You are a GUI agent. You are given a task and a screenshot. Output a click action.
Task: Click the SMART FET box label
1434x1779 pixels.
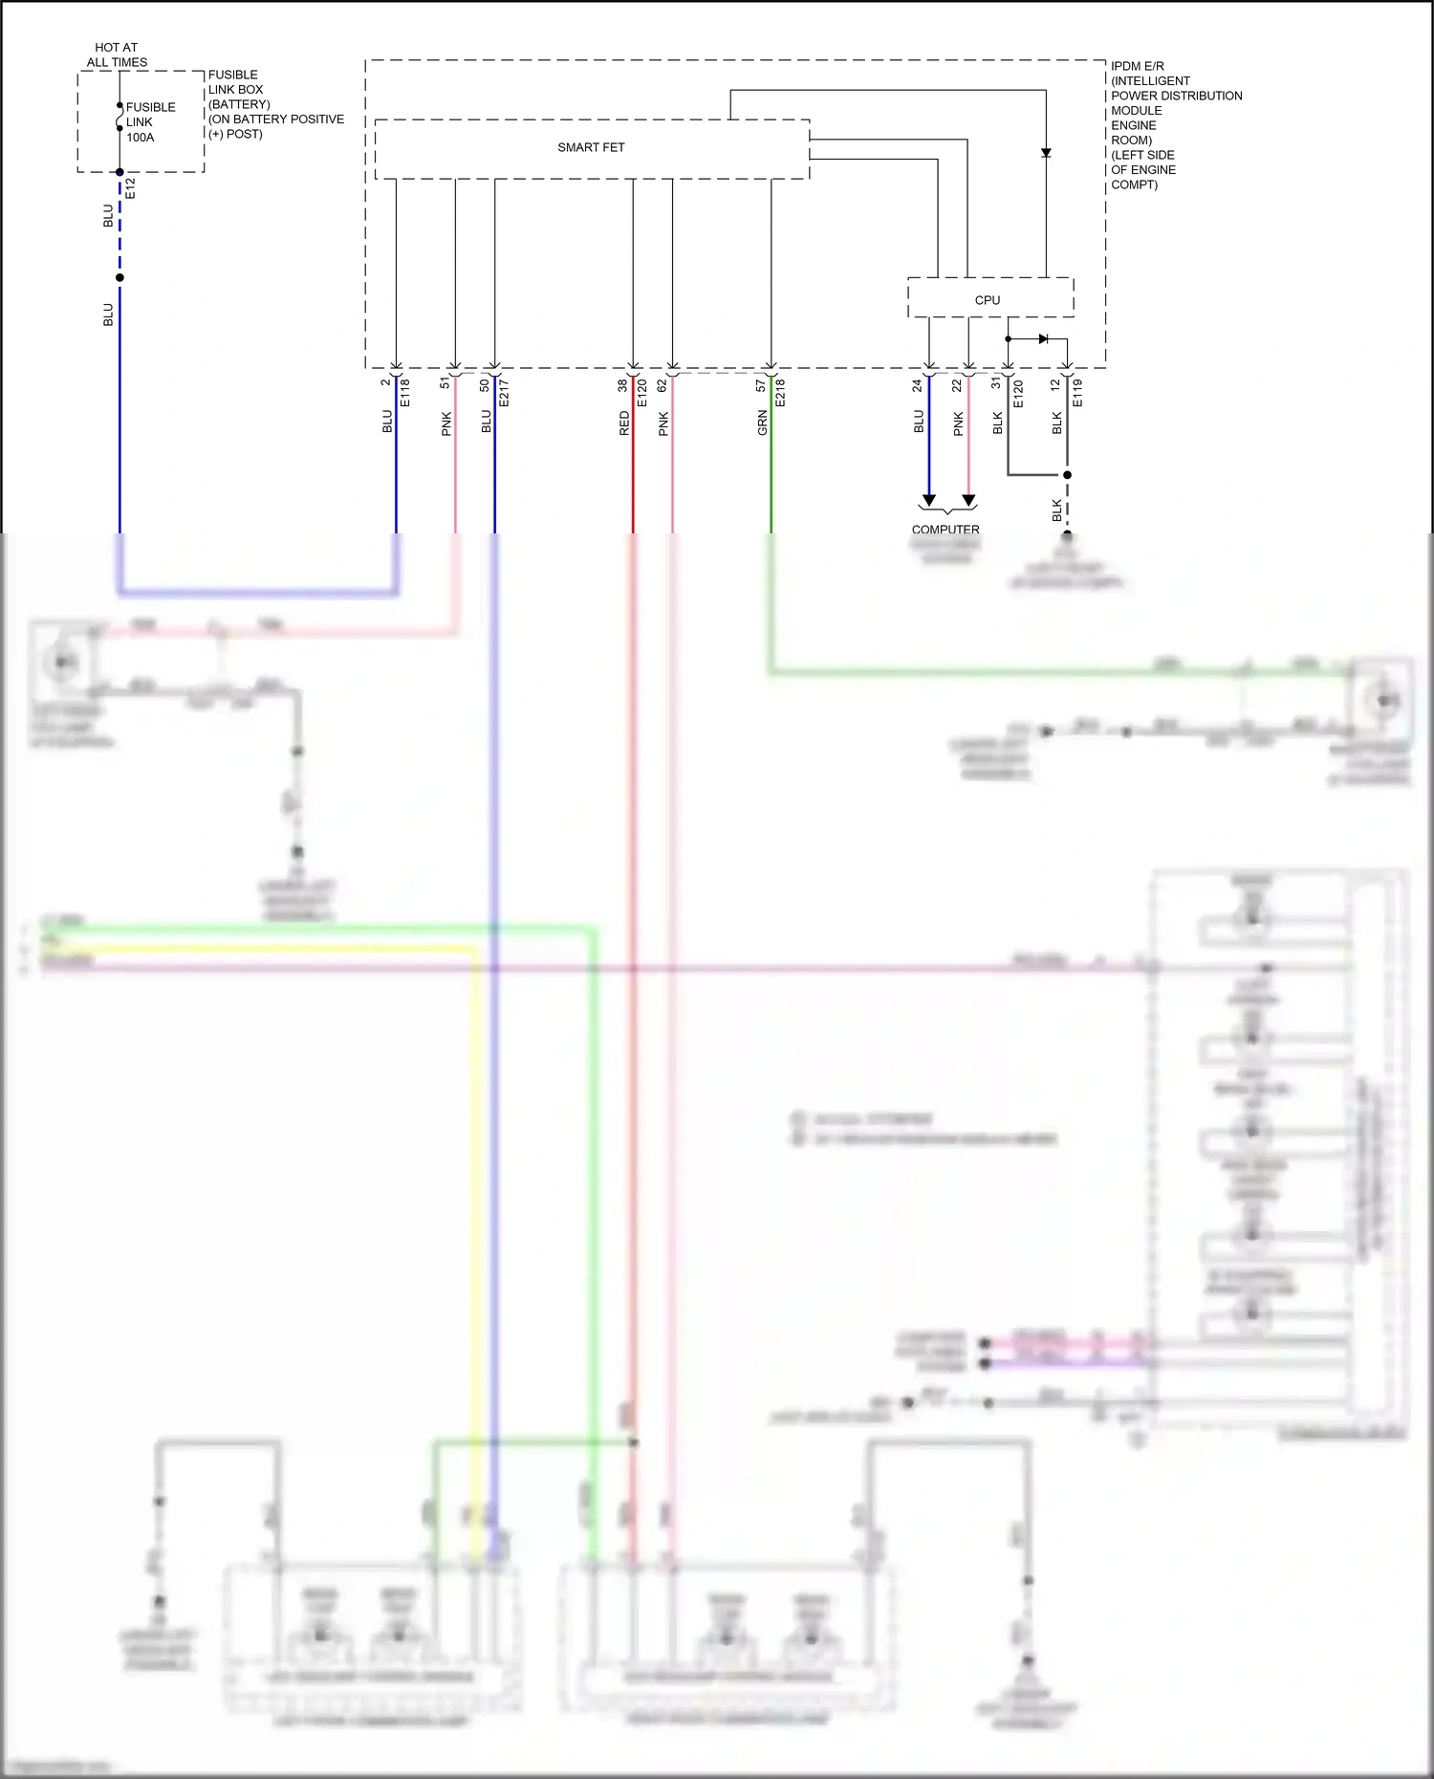point(591,147)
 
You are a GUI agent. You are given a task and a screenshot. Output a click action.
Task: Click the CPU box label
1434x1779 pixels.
point(988,300)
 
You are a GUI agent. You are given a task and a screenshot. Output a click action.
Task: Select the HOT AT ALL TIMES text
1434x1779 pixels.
point(117,54)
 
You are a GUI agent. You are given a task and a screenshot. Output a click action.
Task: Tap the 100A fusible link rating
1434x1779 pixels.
point(140,138)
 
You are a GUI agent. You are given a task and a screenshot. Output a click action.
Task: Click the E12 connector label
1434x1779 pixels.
point(131,188)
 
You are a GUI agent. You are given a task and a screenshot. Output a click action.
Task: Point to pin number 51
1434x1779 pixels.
point(445,382)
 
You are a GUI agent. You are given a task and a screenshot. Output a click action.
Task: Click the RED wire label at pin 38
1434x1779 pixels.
point(624,423)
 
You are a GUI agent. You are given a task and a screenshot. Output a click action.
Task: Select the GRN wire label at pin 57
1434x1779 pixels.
point(762,423)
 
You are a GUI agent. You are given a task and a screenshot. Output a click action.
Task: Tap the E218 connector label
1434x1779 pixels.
point(780,393)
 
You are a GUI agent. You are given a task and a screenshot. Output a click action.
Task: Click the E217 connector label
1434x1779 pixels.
point(504,393)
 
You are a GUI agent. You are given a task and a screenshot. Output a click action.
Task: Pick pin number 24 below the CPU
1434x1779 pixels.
point(917,385)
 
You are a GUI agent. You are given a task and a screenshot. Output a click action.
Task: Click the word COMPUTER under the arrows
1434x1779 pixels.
point(945,530)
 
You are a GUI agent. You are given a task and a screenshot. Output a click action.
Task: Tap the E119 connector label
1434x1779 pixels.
point(1077,393)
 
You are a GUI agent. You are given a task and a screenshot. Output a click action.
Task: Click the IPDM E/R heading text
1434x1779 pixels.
point(1138,66)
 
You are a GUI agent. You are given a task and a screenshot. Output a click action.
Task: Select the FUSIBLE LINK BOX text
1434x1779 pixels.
point(235,82)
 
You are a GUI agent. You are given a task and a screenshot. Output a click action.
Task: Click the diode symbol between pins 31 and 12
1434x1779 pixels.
point(1043,338)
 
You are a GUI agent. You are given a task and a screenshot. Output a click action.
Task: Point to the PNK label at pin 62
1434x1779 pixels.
point(663,424)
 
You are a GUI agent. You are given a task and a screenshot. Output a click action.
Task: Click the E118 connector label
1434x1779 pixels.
point(405,393)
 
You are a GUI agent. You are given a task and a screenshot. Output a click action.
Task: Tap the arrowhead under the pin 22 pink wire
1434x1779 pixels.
point(968,500)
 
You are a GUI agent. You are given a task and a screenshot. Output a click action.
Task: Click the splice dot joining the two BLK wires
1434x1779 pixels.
point(1067,474)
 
